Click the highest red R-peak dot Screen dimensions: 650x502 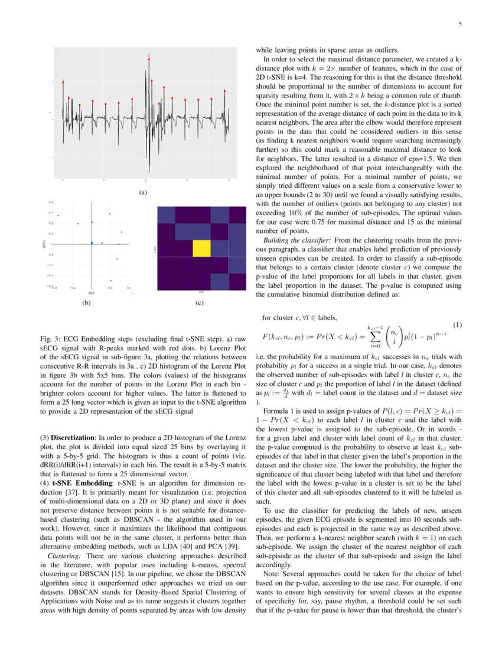pos(149,59)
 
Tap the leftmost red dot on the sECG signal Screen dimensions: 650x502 pos(63,82)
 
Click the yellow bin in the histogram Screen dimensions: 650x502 pos(202,248)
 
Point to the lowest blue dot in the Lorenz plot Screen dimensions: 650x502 pos(111,281)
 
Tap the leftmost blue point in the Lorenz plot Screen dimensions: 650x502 pos(58,216)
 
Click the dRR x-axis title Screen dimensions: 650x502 pos(92,292)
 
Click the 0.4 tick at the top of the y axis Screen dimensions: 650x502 pos(51,201)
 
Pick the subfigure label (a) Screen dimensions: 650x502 pos(142,191)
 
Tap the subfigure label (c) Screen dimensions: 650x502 pos(200,303)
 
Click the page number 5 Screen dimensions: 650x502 pos(459,24)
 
